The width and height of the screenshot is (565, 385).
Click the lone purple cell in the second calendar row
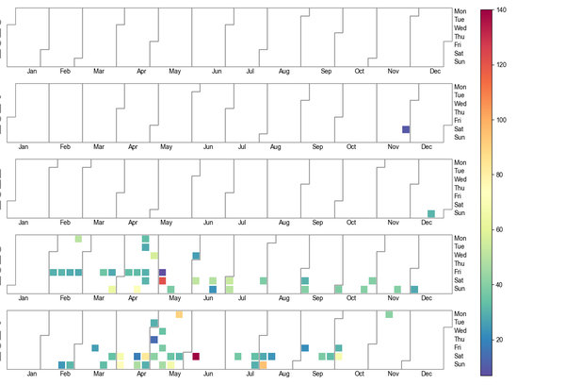(x=406, y=129)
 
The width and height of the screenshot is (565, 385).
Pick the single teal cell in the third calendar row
(x=430, y=214)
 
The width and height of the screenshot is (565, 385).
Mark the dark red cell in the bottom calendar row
(x=196, y=356)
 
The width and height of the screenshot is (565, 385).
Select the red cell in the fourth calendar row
(x=162, y=281)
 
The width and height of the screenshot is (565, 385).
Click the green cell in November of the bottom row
(x=389, y=314)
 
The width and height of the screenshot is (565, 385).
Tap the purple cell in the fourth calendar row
(x=162, y=273)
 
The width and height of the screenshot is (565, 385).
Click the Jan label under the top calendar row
(x=32, y=71)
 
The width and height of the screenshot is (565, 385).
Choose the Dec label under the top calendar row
(x=434, y=71)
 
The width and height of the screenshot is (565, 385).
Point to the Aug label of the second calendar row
(x=276, y=147)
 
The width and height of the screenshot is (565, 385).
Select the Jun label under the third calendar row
(x=218, y=223)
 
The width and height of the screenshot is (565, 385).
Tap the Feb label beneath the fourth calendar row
(x=65, y=299)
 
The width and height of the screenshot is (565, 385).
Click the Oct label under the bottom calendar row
(x=360, y=375)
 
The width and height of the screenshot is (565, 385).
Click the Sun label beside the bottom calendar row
(x=460, y=364)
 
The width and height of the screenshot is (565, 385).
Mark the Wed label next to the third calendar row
(x=460, y=179)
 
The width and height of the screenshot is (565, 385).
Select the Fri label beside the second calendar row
(x=459, y=121)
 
